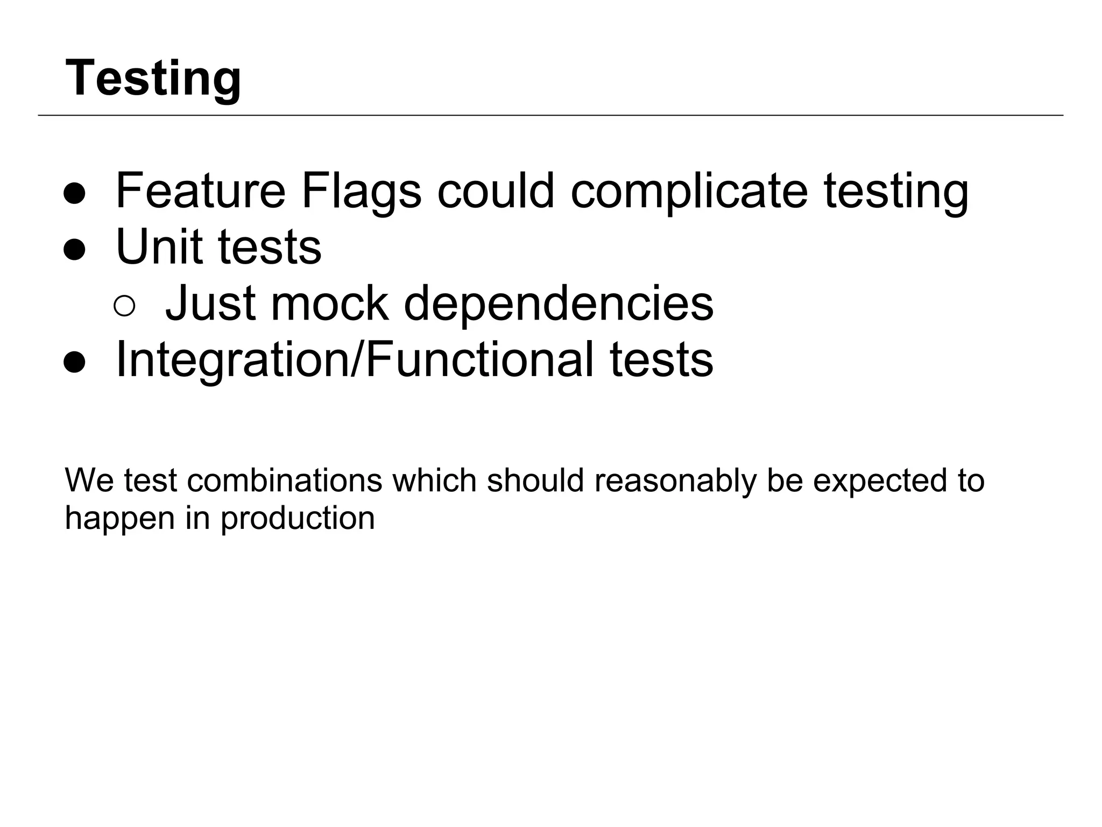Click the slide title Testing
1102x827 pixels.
(153, 79)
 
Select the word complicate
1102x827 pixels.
(689, 192)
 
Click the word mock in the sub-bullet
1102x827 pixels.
(329, 303)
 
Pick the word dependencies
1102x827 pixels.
(559, 305)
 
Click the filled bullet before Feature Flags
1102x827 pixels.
(74, 194)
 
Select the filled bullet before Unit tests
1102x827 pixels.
(74, 250)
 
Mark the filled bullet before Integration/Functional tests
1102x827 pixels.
(74, 362)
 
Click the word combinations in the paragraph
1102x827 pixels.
(285, 480)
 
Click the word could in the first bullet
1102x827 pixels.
(496, 190)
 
